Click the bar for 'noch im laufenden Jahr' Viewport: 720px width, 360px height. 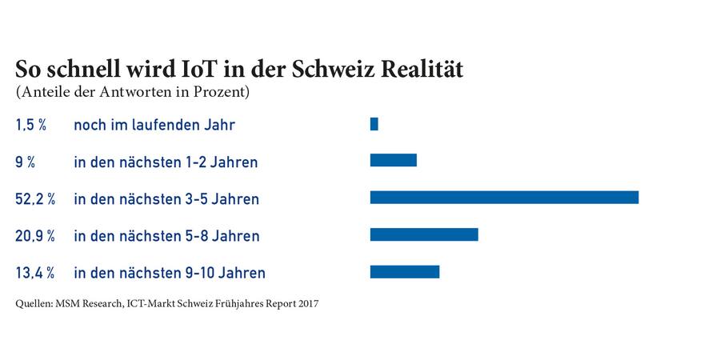coord(374,124)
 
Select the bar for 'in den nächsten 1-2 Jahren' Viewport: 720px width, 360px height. coord(393,160)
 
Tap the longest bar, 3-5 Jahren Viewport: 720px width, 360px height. coord(504,197)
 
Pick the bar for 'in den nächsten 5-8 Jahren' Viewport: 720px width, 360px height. coord(424,234)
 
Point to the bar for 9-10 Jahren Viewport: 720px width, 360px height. coord(405,272)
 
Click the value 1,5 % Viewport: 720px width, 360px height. coord(33,125)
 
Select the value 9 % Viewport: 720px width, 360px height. coord(25,162)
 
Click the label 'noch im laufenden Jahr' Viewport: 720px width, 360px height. coord(154,125)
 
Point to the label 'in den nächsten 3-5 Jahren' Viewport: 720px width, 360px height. coord(166,199)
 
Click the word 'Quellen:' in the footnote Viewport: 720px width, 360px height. coord(34,304)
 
